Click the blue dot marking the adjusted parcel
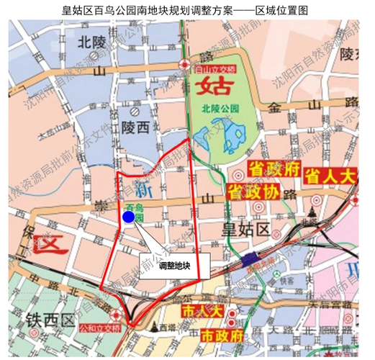pos(128,217)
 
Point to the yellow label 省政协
pos(252,192)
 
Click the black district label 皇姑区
pos(243,230)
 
